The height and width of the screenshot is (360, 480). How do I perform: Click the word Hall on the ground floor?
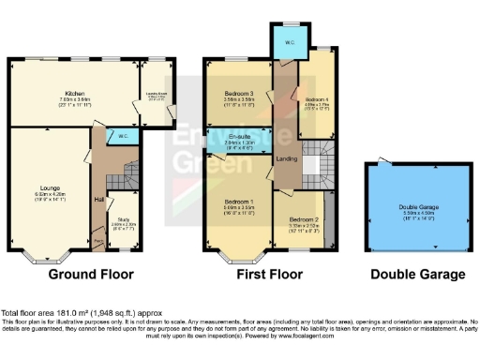coord(98,199)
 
